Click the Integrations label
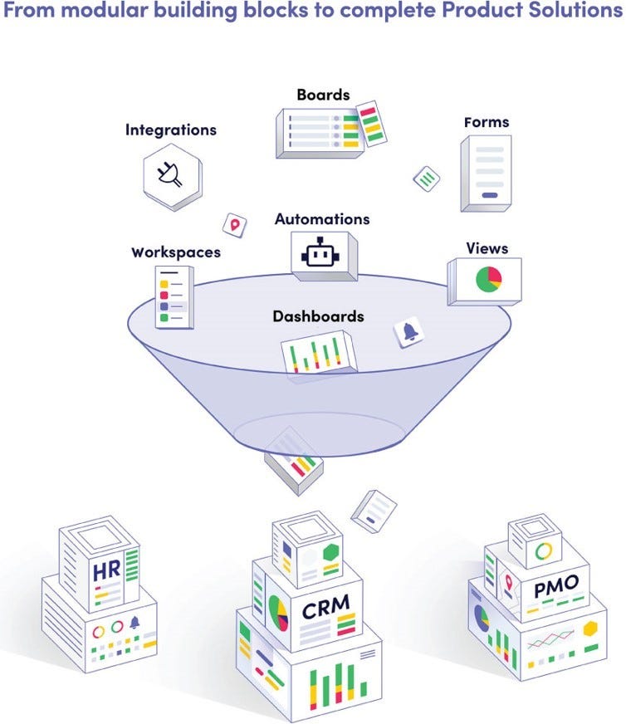(x=171, y=130)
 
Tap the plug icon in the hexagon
(x=169, y=174)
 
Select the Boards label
(x=323, y=95)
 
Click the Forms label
(x=487, y=122)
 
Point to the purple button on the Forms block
(x=490, y=195)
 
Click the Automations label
(x=322, y=219)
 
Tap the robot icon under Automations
(x=320, y=253)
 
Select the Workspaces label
(x=176, y=252)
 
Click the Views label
(x=487, y=248)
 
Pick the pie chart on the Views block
(x=488, y=279)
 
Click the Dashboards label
(x=318, y=316)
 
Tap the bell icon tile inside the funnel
(x=408, y=331)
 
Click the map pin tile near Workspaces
(x=234, y=225)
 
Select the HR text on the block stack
(x=106, y=571)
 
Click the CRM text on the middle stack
(x=326, y=607)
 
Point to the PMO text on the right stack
(x=556, y=586)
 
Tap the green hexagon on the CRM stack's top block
(x=331, y=553)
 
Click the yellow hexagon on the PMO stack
(x=590, y=629)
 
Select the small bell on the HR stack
(x=134, y=623)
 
